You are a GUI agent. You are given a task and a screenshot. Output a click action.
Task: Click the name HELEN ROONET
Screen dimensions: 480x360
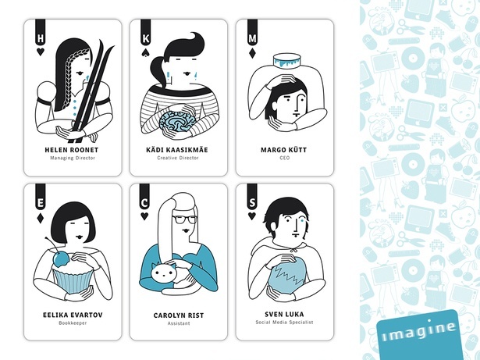[71, 150]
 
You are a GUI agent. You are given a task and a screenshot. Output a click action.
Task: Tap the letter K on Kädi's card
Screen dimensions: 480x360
[146, 39]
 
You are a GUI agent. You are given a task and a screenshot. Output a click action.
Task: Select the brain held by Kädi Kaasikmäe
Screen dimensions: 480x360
[177, 122]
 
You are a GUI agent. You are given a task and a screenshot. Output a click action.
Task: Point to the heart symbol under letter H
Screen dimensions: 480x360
[40, 52]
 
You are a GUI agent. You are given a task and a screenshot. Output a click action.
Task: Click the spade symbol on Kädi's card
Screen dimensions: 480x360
[145, 52]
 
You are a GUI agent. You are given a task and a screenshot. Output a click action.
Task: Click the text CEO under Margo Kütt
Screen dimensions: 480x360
[284, 158]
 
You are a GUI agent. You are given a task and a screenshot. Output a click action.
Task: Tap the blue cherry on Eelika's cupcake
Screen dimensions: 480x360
[61, 258]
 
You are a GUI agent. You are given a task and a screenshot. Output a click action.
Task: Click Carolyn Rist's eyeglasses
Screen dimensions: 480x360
[184, 219]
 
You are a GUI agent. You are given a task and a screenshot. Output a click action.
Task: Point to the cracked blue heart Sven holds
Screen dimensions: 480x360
[287, 274]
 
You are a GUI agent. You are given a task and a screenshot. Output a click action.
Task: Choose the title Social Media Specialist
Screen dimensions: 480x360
[284, 322]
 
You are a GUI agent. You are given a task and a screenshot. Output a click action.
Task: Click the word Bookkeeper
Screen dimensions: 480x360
[73, 323]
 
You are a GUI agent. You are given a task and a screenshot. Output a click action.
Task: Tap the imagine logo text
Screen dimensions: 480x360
[419, 332]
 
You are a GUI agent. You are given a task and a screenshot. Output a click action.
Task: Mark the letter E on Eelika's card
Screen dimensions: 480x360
[40, 203]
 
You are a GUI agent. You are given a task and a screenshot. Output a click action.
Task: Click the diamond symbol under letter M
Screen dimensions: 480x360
[252, 53]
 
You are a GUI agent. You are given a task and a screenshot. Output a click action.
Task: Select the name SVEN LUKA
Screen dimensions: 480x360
[284, 314]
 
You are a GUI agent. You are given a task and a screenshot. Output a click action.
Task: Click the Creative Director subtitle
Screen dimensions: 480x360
[178, 158]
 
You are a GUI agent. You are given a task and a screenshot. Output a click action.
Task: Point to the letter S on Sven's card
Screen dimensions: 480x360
[252, 203]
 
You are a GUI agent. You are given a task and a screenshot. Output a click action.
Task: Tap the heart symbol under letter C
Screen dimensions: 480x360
[144, 216]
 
